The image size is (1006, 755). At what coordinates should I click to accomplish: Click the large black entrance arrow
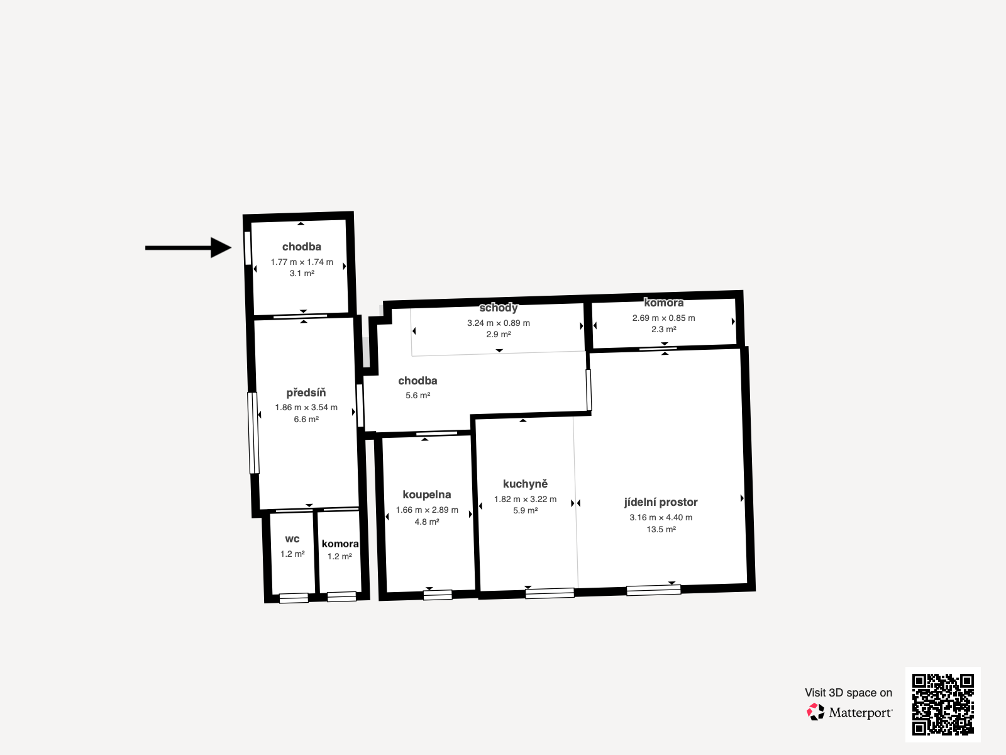(189, 247)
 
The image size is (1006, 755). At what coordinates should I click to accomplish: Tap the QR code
(942, 704)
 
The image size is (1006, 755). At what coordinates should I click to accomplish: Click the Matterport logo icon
(815, 712)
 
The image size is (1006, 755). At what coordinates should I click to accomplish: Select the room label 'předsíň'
(306, 393)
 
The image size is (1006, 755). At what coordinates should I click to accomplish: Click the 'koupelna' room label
(427, 495)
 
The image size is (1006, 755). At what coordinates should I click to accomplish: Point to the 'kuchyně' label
(525, 484)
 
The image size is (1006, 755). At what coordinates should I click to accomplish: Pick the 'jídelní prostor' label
(661, 502)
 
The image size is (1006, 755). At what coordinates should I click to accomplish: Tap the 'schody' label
(499, 308)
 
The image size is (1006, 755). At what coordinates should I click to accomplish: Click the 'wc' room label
(292, 539)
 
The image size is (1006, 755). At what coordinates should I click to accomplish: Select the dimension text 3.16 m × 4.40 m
(661, 518)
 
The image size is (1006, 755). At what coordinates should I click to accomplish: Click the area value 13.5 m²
(661, 530)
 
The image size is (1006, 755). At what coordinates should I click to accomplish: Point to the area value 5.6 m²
(417, 395)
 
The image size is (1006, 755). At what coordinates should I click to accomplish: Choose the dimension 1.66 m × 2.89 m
(427, 510)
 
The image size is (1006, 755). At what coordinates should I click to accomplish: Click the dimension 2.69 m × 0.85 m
(663, 318)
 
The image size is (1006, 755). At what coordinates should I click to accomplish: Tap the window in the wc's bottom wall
(294, 598)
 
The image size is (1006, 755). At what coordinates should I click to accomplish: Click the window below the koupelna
(438, 595)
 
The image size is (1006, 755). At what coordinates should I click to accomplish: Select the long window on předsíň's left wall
(253, 433)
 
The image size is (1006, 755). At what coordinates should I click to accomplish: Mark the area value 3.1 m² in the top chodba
(302, 273)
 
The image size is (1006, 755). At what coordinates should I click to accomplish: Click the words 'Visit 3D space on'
(848, 693)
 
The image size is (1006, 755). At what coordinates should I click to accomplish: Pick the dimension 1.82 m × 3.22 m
(525, 499)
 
